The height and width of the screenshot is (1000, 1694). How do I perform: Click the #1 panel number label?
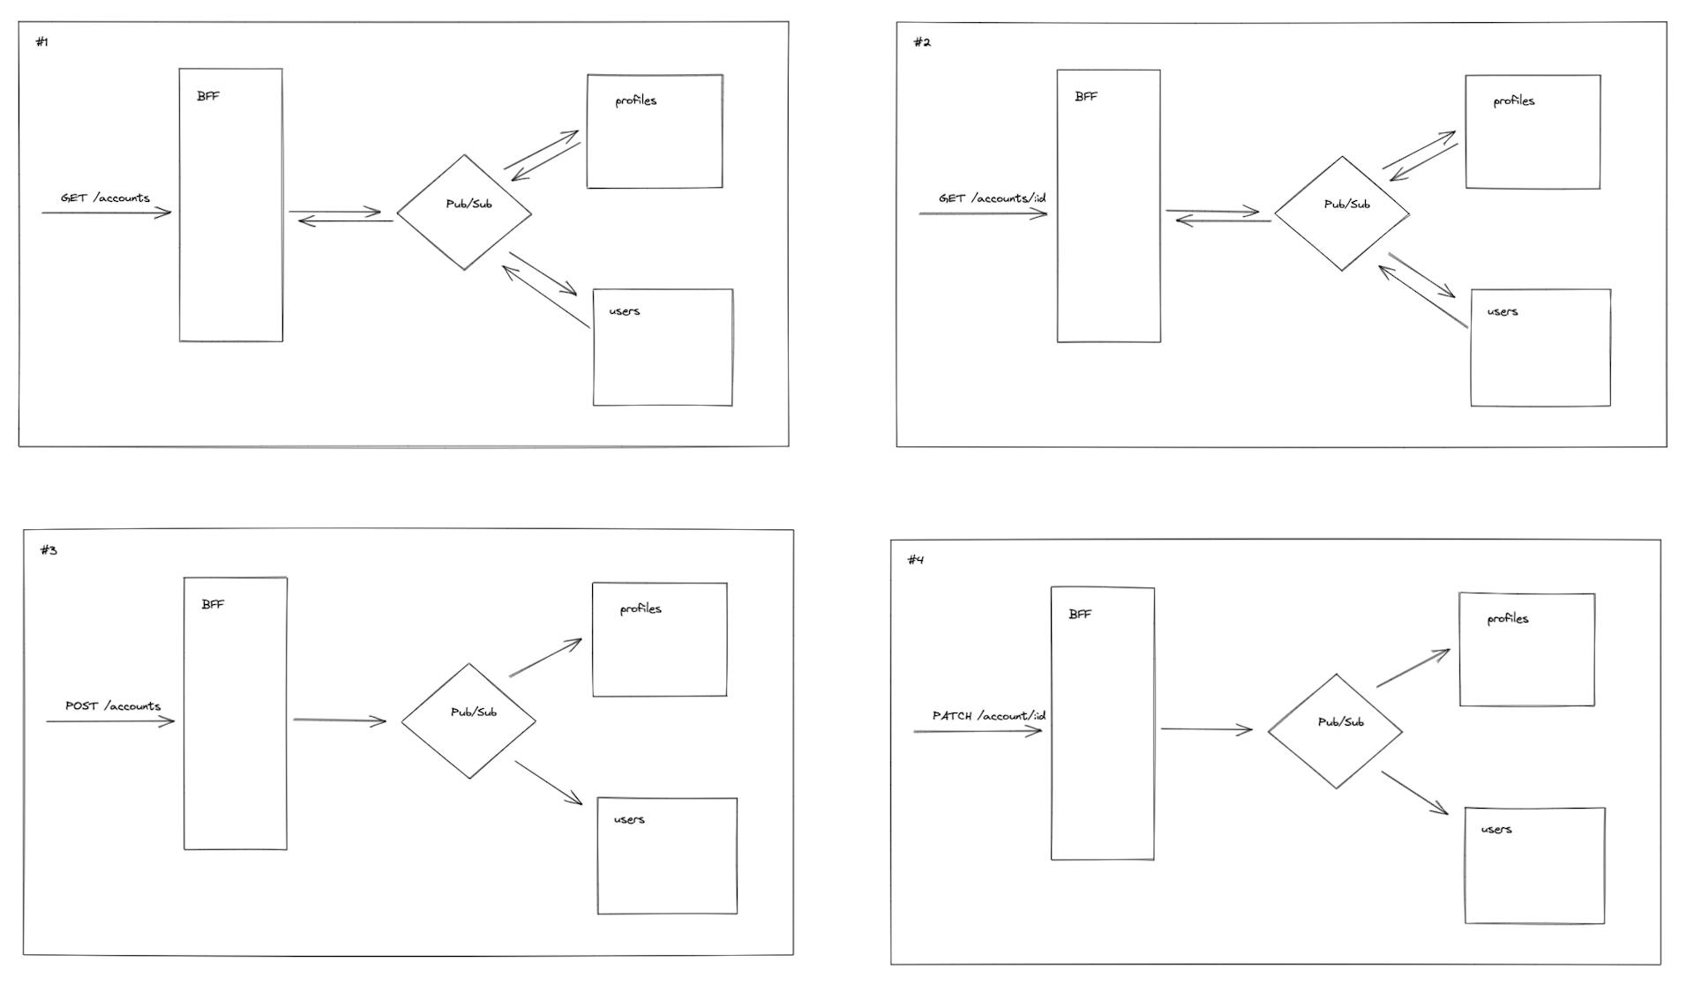(41, 42)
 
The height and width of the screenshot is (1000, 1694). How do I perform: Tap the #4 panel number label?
(915, 560)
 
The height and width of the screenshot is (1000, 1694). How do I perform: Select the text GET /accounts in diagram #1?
(105, 198)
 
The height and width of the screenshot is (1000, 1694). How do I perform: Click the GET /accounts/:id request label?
(992, 198)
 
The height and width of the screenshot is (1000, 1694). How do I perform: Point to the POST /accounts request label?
(113, 706)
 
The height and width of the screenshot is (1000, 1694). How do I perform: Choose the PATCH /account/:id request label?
(988, 716)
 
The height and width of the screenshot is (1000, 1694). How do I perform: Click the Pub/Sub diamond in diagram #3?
(468, 721)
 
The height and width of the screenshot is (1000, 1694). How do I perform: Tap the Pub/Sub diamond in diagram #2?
(1342, 213)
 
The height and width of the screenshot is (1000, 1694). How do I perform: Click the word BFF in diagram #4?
(1080, 615)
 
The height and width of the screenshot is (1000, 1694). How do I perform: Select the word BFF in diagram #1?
(208, 96)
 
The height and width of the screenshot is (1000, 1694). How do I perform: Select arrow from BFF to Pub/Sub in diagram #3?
(340, 720)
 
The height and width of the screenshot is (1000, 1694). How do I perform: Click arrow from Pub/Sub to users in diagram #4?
(1414, 793)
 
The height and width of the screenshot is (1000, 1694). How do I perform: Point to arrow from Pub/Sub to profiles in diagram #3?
(545, 658)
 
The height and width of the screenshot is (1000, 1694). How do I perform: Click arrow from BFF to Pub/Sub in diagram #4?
(1206, 729)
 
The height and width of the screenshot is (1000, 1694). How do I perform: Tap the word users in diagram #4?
(1495, 830)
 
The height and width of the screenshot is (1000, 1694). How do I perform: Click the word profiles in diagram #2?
(1513, 101)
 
